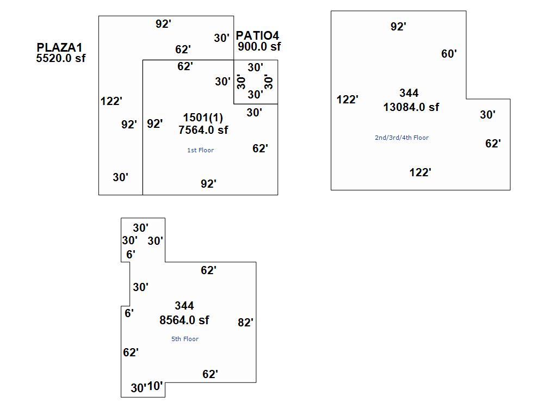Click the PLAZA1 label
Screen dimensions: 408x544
[x=59, y=48]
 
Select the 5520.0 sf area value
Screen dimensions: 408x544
[x=60, y=58]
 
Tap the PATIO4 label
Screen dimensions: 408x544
[x=257, y=36]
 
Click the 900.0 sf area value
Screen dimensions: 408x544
[x=259, y=46]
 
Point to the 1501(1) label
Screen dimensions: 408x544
[x=203, y=118]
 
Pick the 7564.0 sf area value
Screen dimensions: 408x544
[x=203, y=129]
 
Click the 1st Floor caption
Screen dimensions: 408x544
[x=201, y=150]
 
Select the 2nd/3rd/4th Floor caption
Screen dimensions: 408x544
[x=401, y=138]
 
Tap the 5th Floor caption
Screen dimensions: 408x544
[x=185, y=339]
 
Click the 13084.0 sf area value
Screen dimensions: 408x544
[x=411, y=107]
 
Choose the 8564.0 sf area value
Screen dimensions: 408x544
[x=184, y=320]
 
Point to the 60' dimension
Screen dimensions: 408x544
[x=449, y=54]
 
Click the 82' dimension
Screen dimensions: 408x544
[x=245, y=323]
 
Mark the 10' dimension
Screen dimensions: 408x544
[x=155, y=386]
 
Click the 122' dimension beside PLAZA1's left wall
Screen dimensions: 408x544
[x=112, y=101]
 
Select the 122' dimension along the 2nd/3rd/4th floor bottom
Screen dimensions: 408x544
[x=420, y=172]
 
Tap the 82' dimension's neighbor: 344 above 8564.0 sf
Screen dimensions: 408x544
[x=184, y=306]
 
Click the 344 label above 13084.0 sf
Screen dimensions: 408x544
[x=409, y=93]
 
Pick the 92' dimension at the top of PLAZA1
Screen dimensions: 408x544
[x=163, y=24]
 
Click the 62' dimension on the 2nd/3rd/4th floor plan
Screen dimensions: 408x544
[x=493, y=144]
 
